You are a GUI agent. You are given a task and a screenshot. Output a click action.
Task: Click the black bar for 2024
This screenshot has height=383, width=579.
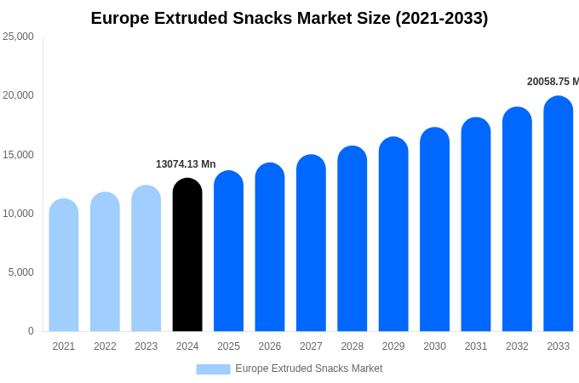(187, 255)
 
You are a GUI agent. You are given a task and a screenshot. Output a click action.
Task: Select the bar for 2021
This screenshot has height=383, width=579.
(64, 266)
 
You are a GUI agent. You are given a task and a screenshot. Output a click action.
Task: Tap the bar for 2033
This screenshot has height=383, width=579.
(559, 214)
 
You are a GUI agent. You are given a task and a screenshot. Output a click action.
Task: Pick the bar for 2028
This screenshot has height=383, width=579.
(353, 239)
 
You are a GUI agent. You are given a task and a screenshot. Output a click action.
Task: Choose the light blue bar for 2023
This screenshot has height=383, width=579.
(146, 259)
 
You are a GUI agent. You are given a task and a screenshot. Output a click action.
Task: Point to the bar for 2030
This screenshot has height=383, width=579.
(434, 230)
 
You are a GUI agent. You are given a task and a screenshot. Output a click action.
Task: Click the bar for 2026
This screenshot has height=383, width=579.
(270, 248)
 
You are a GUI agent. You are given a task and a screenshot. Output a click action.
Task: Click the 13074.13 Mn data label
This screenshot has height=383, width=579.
(186, 164)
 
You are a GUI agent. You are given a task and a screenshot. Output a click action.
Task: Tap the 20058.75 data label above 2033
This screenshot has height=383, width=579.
(553, 82)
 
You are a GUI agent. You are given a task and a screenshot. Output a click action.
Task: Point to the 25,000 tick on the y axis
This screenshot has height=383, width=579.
(18, 37)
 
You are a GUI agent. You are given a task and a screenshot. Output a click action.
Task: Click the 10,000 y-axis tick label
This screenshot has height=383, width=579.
(18, 214)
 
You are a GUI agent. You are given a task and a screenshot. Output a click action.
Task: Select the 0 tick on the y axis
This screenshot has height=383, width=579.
(31, 331)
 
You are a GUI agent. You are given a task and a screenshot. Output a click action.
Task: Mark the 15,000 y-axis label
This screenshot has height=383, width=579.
(18, 155)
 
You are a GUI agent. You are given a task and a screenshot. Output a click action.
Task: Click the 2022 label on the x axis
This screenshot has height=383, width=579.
(105, 346)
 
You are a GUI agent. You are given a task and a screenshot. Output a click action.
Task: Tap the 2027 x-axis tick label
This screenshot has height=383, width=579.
(311, 346)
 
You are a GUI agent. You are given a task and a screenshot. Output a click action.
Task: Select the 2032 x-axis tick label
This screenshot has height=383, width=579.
(517, 346)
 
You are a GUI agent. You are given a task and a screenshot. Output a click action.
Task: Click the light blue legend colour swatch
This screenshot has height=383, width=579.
(213, 369)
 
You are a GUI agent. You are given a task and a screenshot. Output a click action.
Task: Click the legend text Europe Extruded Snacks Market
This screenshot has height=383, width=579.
(309, 369)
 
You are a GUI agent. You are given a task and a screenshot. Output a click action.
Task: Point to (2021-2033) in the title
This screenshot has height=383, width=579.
(442, 18)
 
